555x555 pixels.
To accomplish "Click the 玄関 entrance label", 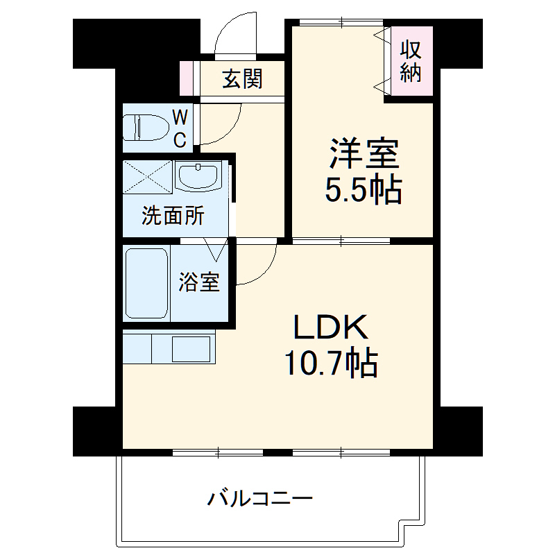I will [242, 80].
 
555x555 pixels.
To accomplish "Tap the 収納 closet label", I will [411, 62].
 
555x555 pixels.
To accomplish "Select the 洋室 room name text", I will [364, 155].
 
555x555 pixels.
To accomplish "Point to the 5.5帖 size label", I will [364, 189].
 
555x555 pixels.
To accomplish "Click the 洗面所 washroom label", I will [173, 216].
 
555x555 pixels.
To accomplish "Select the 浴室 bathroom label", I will [199, 282].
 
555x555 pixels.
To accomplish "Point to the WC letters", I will [179, 127].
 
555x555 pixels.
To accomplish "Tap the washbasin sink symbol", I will [198, 176].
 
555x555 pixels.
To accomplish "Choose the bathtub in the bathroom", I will [146, 282].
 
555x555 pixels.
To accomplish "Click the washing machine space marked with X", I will [147, 177].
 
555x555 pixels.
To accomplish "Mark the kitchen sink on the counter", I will [191, 348].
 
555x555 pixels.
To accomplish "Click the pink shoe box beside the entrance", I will [185, 78].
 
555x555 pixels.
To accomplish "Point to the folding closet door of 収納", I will [380, 60].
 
